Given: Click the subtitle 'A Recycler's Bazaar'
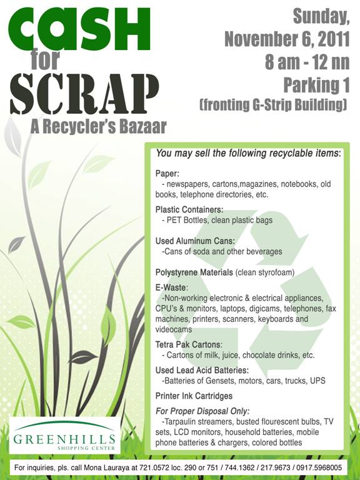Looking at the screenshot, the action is [x=98, y=127].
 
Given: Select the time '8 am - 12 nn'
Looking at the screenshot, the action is [x=303, y=62].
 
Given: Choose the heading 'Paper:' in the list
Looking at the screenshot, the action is [x=167, y=174].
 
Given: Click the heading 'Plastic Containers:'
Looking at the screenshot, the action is [x=189, y=210].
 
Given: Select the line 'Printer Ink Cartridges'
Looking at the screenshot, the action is [x=194, y=396].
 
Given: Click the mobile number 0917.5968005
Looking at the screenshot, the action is [x=317, y=467].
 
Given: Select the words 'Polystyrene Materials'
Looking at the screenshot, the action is [x=194, y=272].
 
